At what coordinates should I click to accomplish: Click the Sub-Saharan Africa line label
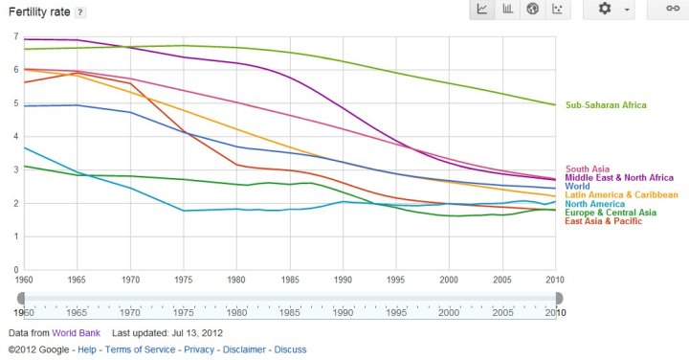[x=606, y=105]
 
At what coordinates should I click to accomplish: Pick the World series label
[x=578, y=187]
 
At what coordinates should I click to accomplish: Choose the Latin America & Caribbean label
[x=621, y=195]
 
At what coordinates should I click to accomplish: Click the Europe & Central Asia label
[x=611, y=213]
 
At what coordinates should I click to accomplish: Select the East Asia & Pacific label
[x=605, y=221]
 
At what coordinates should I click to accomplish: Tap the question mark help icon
[x=79, y=11]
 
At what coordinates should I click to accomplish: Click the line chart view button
[x=482, y=10]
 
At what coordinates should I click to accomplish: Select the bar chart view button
[x=507, y=10]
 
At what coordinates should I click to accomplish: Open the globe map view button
[x=533, y=10]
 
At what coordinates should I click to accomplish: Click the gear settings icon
[x=605, y=10]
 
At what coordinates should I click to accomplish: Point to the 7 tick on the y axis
[x=15, y=36]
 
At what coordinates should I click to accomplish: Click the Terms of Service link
[x=141, y=349]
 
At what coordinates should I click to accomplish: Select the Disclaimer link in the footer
[x=246, y=349]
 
